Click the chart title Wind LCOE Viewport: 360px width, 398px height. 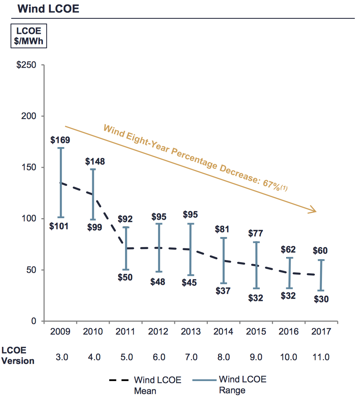click(x=49, y=9)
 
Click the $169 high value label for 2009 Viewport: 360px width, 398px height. click(x=60, y=140)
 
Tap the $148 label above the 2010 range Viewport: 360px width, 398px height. click(x=95, y=162)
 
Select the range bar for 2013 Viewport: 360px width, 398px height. click(x=191, y=249)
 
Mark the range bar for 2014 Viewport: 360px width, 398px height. click(x=223, y=260)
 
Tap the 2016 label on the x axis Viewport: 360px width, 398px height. click(x=288, y=332)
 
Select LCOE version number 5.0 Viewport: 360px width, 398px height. click(x=126, y=357)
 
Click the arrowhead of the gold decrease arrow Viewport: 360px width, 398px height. click(x=313, y=211)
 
